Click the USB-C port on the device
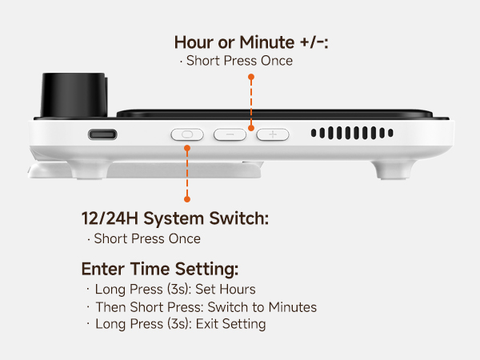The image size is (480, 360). (102, 134)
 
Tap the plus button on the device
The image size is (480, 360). (272, 134)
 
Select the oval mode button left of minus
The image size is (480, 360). (187, 134)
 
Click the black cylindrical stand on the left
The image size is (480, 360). (73, 96)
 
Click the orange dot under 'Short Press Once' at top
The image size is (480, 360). (251, 78)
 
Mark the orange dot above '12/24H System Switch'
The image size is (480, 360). (187, 198)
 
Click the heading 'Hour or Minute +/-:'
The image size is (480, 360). (251, 42)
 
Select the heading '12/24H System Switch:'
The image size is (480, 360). (174, 218)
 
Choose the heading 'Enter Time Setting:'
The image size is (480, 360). (160, 269)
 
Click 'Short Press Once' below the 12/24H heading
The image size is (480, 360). (146, 238)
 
